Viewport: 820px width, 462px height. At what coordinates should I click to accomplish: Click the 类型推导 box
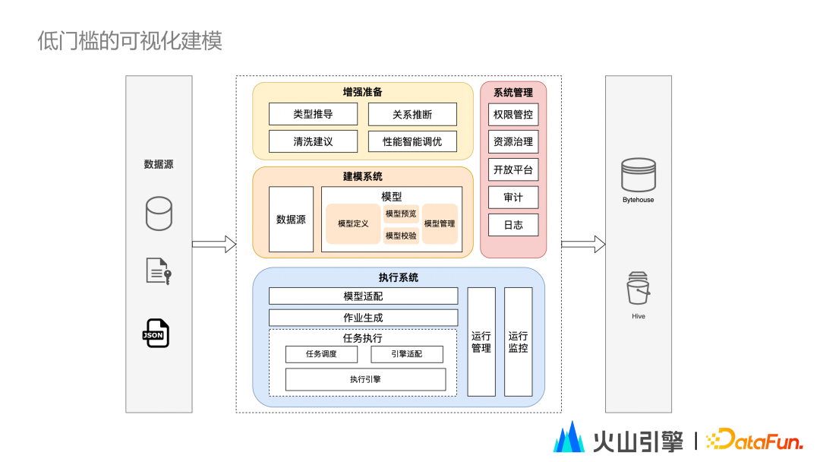click(x=313, y=114)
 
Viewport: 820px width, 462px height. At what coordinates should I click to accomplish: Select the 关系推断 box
click(x=412, y=114)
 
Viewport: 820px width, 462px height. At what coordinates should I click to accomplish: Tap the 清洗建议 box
click(x=313, y=141)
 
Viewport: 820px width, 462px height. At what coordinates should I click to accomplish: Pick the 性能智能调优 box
click(x=412, y=141)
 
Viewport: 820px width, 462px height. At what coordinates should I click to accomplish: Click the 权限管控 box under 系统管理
click(x=513, y=115)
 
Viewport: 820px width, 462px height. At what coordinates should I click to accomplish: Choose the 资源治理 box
click(x=513, y=141)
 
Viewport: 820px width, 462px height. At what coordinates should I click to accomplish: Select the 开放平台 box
click(x=513, y=169)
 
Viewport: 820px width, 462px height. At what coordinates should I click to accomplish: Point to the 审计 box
click(x=513, y=198)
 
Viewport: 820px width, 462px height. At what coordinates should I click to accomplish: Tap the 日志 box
click(x=513, y=225)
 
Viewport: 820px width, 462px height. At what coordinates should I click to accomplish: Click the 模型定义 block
click(x=353, y=224)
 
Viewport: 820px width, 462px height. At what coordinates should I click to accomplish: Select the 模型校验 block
click(x=401, y=236)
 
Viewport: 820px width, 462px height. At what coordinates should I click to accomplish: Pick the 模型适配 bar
click(x=363, y=296)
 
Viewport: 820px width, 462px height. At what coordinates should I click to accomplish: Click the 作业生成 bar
click(x=363, y=318)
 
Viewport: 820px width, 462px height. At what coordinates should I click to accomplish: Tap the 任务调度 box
click(x=321, y=354)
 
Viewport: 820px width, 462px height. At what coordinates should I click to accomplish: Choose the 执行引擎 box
click(x=365, y=379)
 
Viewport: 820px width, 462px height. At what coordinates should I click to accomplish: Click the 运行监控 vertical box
click(x=519, y=342)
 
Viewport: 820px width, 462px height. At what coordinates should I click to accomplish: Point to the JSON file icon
click(x=156, y=334)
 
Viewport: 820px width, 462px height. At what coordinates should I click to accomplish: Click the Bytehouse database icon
click(x=638, y=175)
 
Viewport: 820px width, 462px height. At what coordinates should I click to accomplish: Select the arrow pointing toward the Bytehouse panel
click(x=583, y=244)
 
